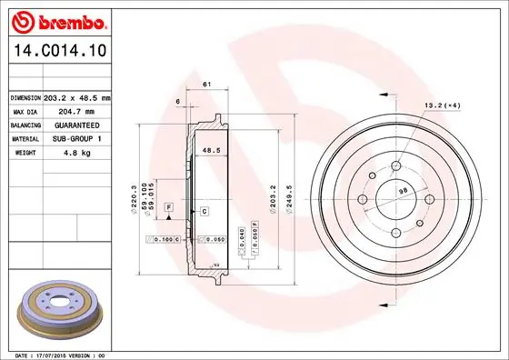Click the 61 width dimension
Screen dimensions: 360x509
(x=206, y=84)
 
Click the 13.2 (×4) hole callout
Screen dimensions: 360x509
(x=441, y=105)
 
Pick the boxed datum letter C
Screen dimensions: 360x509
(x=205, y=211)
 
